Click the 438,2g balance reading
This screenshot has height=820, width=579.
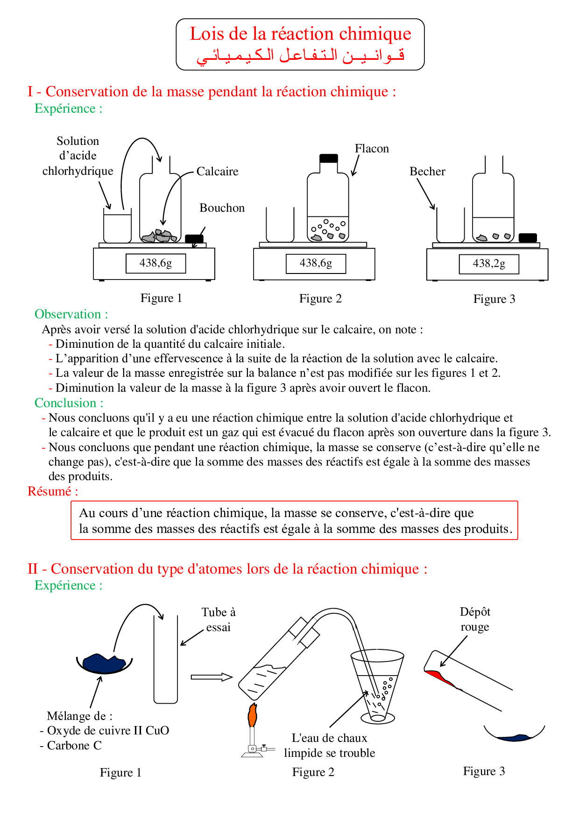point(489,264)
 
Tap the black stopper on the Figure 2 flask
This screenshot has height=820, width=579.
point(329,158)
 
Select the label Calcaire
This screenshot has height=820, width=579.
point(217,172)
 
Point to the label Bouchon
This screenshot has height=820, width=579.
point(222,208)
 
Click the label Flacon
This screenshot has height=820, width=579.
point(372,149)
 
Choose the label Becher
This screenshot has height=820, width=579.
point(427,172)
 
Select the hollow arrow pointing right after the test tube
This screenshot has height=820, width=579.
point(212,677)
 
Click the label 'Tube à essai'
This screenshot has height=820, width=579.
point(219,619)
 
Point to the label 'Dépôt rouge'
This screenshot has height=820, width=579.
point(475,619)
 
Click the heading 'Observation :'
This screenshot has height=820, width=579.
point(71,314)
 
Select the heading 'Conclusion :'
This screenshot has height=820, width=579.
point(69,403)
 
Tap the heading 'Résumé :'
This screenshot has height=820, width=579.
point(53,491)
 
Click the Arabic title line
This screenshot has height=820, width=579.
point(300,56)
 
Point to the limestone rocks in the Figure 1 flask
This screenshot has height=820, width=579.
point(160,237)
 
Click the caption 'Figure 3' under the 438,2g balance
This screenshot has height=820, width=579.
point(494,299)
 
